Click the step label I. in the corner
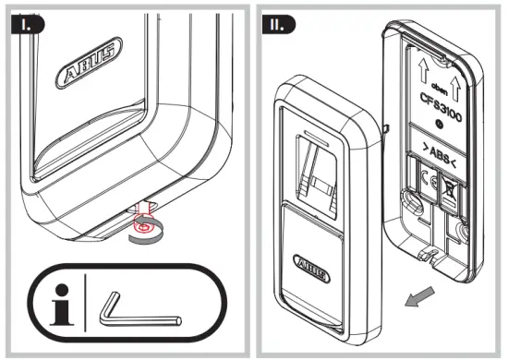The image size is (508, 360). (x=21, y=21)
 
